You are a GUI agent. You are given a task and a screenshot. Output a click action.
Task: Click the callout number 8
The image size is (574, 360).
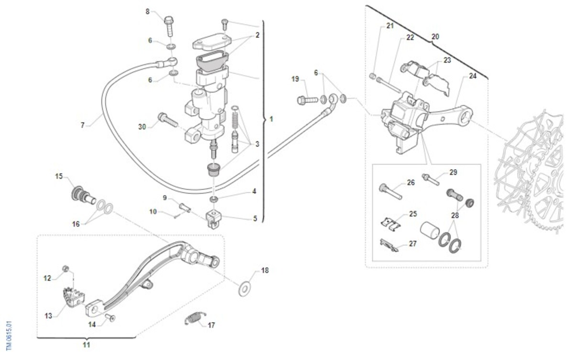pos(147,11)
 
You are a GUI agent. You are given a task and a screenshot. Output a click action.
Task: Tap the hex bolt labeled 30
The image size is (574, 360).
pos(168,120)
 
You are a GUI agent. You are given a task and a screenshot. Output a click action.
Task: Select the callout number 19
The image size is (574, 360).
pos(295,79)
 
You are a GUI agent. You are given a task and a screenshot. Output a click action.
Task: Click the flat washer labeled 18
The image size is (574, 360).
pos(245,289)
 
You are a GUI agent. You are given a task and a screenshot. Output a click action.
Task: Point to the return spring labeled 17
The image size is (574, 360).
pos(195,318)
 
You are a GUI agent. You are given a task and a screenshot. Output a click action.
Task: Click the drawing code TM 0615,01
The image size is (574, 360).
pos(9,336)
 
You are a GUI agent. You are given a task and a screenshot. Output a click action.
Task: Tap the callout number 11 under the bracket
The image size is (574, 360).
pos(87,345)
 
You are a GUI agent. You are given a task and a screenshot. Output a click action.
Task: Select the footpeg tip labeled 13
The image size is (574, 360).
pos(74,297)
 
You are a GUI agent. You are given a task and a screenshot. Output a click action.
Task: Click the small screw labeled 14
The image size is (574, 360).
pos(110,318)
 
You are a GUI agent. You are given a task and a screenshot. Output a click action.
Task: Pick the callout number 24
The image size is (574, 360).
pos(473,76)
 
